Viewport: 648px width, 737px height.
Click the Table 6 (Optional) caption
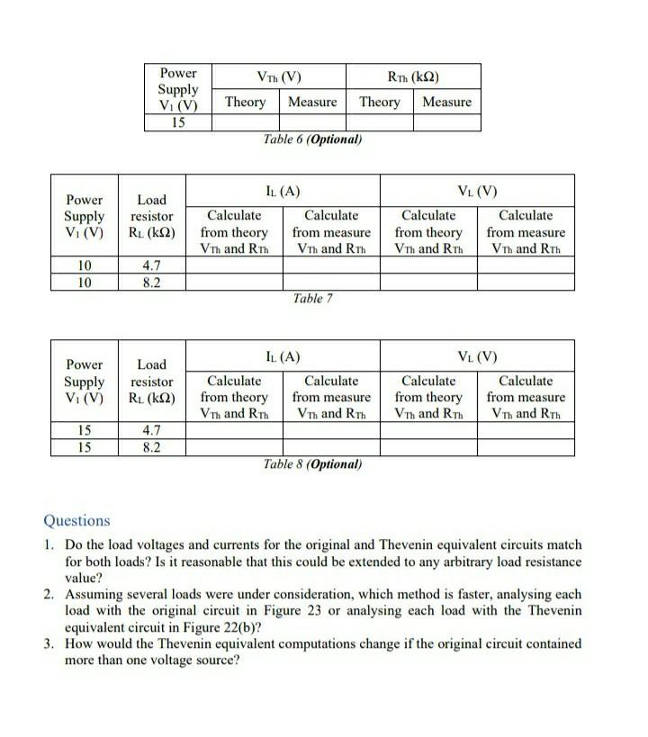(x=312, y=139)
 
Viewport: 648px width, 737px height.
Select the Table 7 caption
(x=312, y=299)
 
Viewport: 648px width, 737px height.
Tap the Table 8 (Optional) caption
(x=312, y=464)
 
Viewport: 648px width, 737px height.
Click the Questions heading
(x=76, y=520)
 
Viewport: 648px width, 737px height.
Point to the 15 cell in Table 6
(x=178, y=122)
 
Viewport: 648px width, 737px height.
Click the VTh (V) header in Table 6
(x=278, y=76)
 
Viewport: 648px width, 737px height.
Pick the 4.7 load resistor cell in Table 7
(x=151, y=265)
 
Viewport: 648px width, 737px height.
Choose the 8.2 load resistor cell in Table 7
(x=151, y=282)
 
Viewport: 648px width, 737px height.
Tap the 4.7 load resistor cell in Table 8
(x=151, y=430)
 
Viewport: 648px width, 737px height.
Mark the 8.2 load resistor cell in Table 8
(x=151, y=446)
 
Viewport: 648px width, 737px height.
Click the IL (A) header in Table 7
(x=283, y=191)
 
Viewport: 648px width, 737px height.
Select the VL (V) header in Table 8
(x=477, y=356)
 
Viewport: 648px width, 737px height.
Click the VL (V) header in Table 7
(x=477, y=191)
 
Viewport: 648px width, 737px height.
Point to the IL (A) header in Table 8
(x=283, y=356)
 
